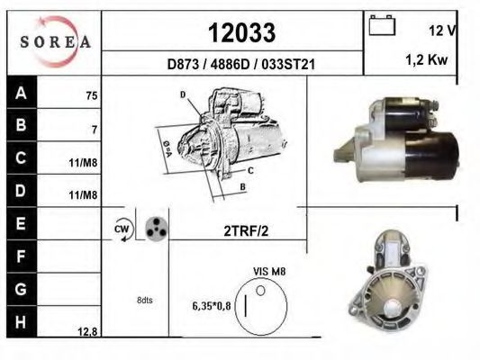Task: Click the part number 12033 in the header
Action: point(241,32)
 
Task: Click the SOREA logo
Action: point(55,41)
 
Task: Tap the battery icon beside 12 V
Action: point(382,25)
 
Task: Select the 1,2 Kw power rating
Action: point(427,60)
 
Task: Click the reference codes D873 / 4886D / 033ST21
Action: point(241,65)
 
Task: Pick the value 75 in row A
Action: point(92,96)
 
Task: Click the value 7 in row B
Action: point(95,130)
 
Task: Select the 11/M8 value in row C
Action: point(83,163)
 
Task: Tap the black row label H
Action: point(21,322)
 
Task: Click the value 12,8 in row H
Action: point(87,331)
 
